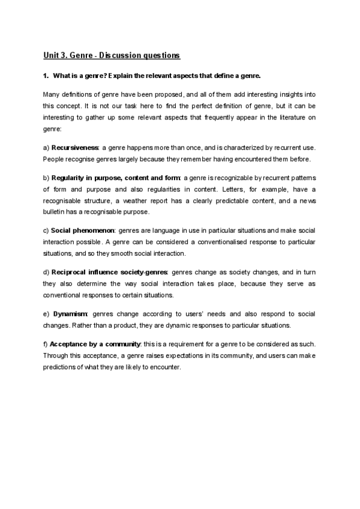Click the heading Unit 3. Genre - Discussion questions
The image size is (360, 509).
[112, 56]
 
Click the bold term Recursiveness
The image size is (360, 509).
[75, 148]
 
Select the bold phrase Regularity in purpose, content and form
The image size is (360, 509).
[116, 178]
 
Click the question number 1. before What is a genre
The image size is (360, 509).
[46, 76]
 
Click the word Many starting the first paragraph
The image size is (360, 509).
[52, 95]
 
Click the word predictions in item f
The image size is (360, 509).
[58, 367]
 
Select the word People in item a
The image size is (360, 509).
[53, 159]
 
